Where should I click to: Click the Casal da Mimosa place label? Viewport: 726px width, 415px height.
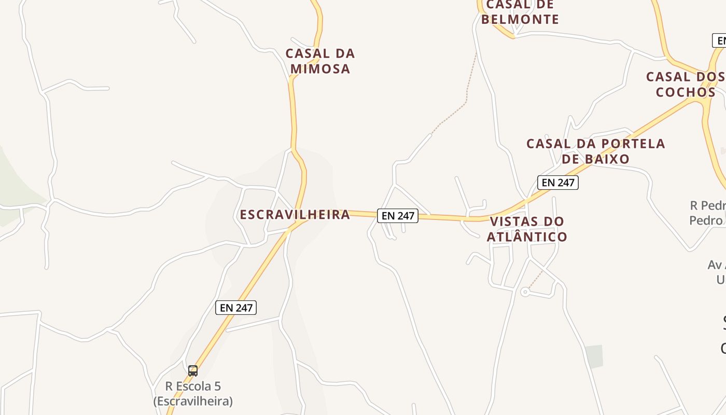[x=320, y=61]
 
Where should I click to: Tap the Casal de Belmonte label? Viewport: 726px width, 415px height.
[x=520, y=12]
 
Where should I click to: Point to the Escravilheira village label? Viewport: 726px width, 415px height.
[x=295, y=214]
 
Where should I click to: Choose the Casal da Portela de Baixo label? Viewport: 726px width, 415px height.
[x=595, y=151]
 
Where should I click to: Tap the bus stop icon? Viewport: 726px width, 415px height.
[x=193, y=370]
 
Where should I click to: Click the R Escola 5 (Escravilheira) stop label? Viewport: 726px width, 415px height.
[x=193, y=394]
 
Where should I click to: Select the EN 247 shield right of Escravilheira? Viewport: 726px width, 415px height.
[x=398, y=216]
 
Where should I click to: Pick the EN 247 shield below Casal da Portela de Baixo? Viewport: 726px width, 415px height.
[x=557, y=182]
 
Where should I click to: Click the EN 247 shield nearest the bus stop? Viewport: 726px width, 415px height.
[x=236, y=308]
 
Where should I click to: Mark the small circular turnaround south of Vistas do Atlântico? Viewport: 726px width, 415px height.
[x=525, y=293]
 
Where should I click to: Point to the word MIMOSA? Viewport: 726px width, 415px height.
[x=320, y=69]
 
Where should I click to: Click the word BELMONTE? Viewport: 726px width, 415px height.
[x=520, y=20]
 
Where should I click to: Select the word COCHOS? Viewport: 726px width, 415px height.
[x=686, y=92]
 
